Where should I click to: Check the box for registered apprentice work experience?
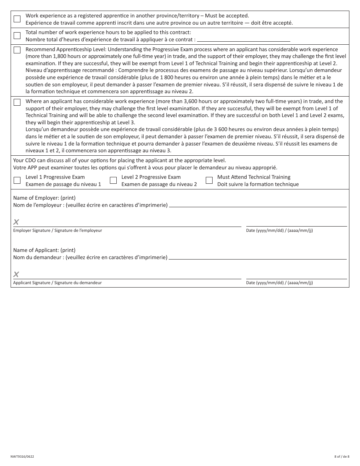click(x=17, y=19)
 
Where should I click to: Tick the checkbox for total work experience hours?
click(x=17, y=36)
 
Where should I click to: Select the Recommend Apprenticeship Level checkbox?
click(x=17, y=50)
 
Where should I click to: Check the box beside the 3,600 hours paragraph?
click(x=17, y=102)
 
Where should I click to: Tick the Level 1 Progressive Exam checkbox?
click(x=17, y=180)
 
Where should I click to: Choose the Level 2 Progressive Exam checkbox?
click(x=113, y=180)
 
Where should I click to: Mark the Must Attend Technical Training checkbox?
click(x=209, y=180)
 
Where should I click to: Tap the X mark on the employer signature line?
click(x=16, y=222)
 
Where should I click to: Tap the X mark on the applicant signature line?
click(x=16, y=274)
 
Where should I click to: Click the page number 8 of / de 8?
click(x=342, y=457)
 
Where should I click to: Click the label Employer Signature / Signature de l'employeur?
click(x=58, y=230)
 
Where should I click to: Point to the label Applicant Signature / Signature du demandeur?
click(x=58, y=283)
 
